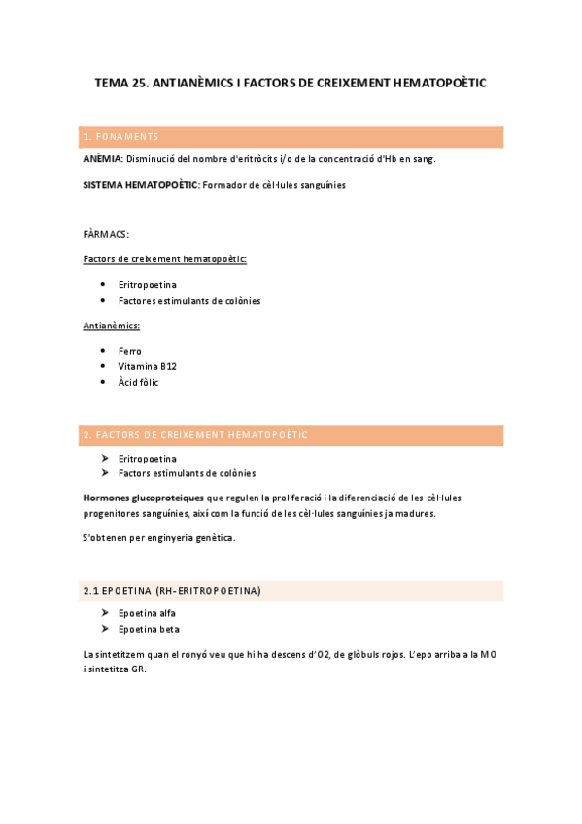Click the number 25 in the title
[142, 84]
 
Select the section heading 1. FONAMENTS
[121, 136]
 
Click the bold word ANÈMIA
[103, 159]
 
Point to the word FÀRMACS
[107, 234]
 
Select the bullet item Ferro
[129, 351]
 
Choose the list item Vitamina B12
[147, 366]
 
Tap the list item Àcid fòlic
[138, 382]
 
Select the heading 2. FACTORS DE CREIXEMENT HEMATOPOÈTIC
[195, 434]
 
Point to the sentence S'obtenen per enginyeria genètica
[159, 537]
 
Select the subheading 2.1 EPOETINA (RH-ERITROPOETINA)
[172, 590]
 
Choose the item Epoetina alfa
[147, 613]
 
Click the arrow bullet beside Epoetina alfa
[104, 613]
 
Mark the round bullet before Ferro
[104, 351]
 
